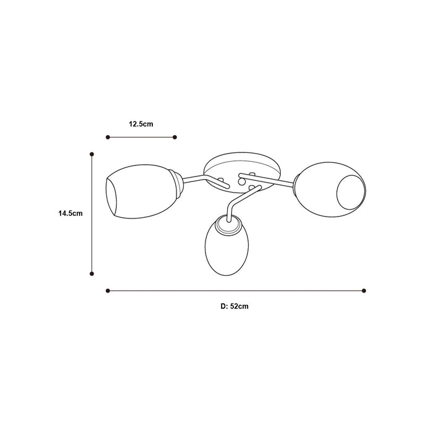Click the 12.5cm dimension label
[x=141, y=124]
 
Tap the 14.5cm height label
[x=70, y=214]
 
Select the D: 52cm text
[x=235, y=306]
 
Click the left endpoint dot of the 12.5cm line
[x=108, y=137]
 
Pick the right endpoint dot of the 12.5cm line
[x=175, y=137]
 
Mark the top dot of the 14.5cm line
[x=92, y=154]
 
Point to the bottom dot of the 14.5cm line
[x=92, y=273]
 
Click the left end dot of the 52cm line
[x=108, y=291]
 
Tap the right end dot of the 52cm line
[x=364, y=291]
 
